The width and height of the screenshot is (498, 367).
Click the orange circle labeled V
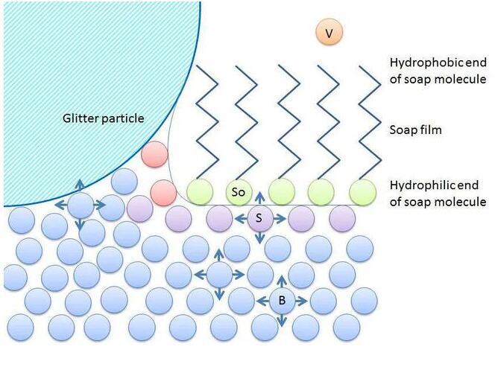click(x=329, y=33)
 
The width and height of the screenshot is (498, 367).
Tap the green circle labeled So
click(x=239, y=192)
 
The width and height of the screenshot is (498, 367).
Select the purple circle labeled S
click(x=259, y=218)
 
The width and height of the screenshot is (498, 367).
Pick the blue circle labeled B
click(x=282, y=301)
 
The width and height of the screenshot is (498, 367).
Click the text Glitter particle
click(x=103, y=118)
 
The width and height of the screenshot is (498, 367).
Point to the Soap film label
click(x=415, y=130)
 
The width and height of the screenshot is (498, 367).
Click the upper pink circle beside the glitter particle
click(x=154, y=154)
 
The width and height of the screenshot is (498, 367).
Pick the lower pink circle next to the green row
click(x=163, y=192)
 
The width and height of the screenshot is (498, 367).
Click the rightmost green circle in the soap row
click(x=362, y=192)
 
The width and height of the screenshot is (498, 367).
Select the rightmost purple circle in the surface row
click(x=342, y=218)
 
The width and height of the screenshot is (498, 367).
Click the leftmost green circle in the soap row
click(x=200, y=192)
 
